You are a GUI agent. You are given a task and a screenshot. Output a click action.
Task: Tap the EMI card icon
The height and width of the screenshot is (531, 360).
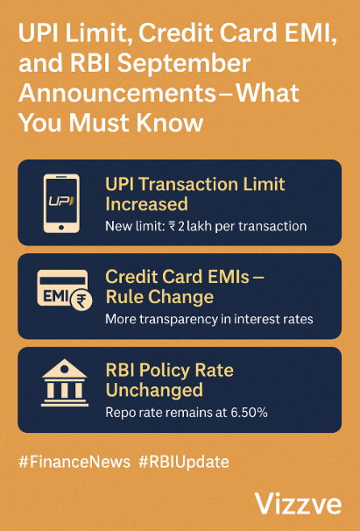coord(60,295)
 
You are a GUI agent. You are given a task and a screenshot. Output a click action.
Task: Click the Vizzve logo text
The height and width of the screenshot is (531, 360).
coord(299,503)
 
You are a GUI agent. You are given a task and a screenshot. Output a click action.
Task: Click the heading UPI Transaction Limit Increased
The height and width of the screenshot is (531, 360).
coord(194,195)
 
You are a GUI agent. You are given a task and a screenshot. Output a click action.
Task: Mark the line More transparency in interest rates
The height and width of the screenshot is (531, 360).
coord(209,319)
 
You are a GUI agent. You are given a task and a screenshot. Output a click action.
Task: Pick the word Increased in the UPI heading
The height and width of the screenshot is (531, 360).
coord(146,204)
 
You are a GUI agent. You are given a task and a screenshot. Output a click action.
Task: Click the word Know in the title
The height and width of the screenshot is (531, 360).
coord(170,122)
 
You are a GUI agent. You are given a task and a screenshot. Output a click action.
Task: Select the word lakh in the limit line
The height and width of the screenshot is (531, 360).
coord(198,226)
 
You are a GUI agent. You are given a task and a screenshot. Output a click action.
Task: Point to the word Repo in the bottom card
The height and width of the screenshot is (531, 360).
coord(121,411)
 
